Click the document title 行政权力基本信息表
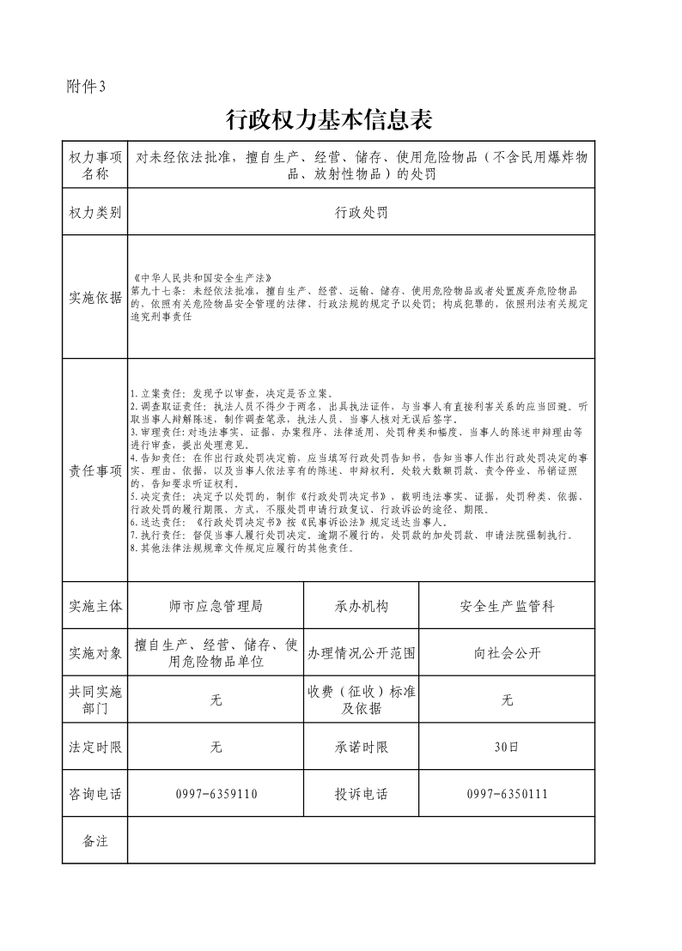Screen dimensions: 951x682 click(327, 120)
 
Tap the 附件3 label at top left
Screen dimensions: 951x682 click(86, 86)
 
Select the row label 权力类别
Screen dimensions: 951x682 click(94, 213)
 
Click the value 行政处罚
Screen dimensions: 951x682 click(361, 213)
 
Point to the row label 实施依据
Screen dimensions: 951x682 click(94, 298)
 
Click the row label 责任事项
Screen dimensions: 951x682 click(94, 470)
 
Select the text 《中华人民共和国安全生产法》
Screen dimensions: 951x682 click(201, 277)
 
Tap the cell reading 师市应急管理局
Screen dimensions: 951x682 click(216, 606)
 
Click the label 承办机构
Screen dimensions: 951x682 click(361, 606)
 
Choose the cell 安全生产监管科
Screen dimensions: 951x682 click(507, 606)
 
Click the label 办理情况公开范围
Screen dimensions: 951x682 click(361, 653)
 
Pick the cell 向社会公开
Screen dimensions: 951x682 click(507, 653)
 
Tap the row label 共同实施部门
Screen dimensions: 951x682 click(94, 700)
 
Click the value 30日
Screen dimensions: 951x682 click(507, 748)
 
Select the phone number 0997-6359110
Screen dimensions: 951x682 click(216, 794)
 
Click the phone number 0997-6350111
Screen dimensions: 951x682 click(507, 794)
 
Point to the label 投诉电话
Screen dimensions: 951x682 click(361, 794)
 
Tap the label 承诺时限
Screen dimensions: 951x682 click(361, 748)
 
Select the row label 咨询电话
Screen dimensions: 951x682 click(94, 794)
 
